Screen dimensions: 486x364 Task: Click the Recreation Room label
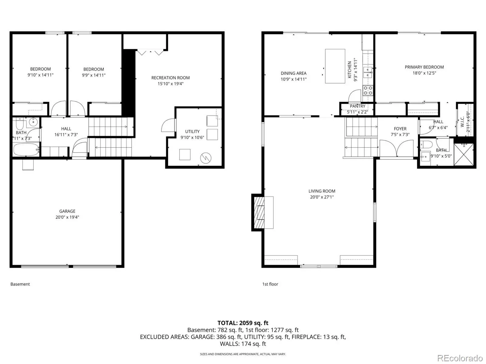pyautogui.click(x=170, y=78)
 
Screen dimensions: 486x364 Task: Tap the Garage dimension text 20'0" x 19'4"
pyautogui.click(x=67, y=217)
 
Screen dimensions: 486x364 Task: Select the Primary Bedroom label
pyautogui.click(x=424, y=67)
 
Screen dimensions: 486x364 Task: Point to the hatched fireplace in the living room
pyautogui.click(x=259, y=213)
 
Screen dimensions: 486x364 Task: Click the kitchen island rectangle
pyautogui.click(x=335, y=66)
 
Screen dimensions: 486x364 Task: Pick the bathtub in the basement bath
pyautogui.click(x=26, y=149)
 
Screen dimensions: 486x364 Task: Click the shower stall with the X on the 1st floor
pyautogui.click(x=464, y=154)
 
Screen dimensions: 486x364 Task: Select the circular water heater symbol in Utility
pyautogui.click(x=206, y=158)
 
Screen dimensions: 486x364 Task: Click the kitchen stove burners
pyautogui.click(x=368, y=90)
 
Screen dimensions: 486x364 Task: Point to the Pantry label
pyautogui.click(x=357, y=106)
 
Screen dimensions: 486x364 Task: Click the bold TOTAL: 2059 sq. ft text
pyautogui.click(x=243, y=323)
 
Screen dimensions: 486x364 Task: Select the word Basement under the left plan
pyautogui.click(x=20, y=284)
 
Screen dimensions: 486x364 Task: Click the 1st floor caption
pyautogui.click(x=270, y=284)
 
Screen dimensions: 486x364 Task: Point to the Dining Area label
pyautogui.click(x=294, y=73)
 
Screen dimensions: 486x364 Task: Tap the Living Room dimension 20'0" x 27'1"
pyautogui.click(x=322, y=197)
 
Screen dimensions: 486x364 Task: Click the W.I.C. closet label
pyautogui.click(x=462, y=121)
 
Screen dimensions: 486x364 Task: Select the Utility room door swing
pyautogui.click(x=168, y=125)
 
